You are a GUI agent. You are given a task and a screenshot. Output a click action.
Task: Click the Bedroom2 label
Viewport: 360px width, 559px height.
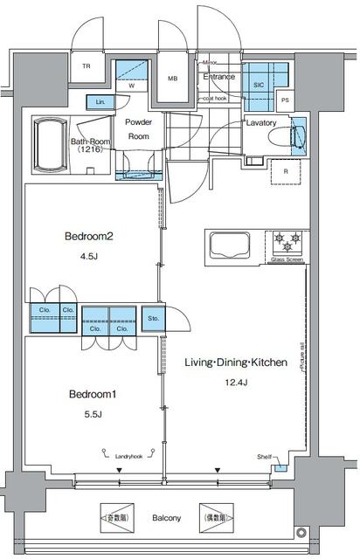(90, 236)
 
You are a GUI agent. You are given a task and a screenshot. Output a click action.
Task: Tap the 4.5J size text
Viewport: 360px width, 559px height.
(89, 257)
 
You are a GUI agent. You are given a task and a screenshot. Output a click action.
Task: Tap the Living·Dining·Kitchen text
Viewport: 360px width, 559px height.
(234, 362)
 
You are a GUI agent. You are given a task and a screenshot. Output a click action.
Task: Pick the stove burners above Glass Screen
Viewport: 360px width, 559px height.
(287, 238)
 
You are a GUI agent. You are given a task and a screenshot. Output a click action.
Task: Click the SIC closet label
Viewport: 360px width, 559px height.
(258, 86)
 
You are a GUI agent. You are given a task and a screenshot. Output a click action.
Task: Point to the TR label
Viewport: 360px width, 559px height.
(87, 67)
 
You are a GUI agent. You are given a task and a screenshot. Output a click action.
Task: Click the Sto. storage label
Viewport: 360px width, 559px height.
(153, 318)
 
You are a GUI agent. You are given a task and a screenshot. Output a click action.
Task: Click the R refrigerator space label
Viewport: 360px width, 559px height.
(287, 171)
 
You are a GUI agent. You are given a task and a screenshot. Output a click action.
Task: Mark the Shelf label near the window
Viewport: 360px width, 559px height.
(263, 457)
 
